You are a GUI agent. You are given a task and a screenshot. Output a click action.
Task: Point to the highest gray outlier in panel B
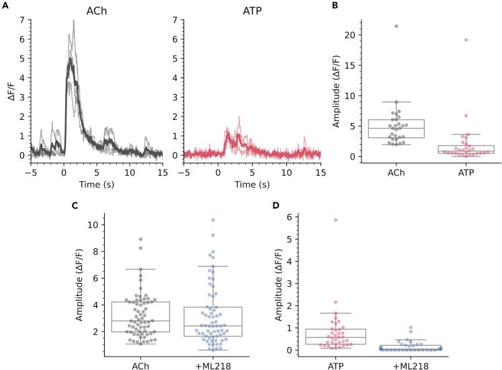point(396,26)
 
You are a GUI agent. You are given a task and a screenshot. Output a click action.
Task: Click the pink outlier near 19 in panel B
point(464,40)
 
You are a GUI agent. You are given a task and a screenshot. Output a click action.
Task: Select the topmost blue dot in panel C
point(212,220)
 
